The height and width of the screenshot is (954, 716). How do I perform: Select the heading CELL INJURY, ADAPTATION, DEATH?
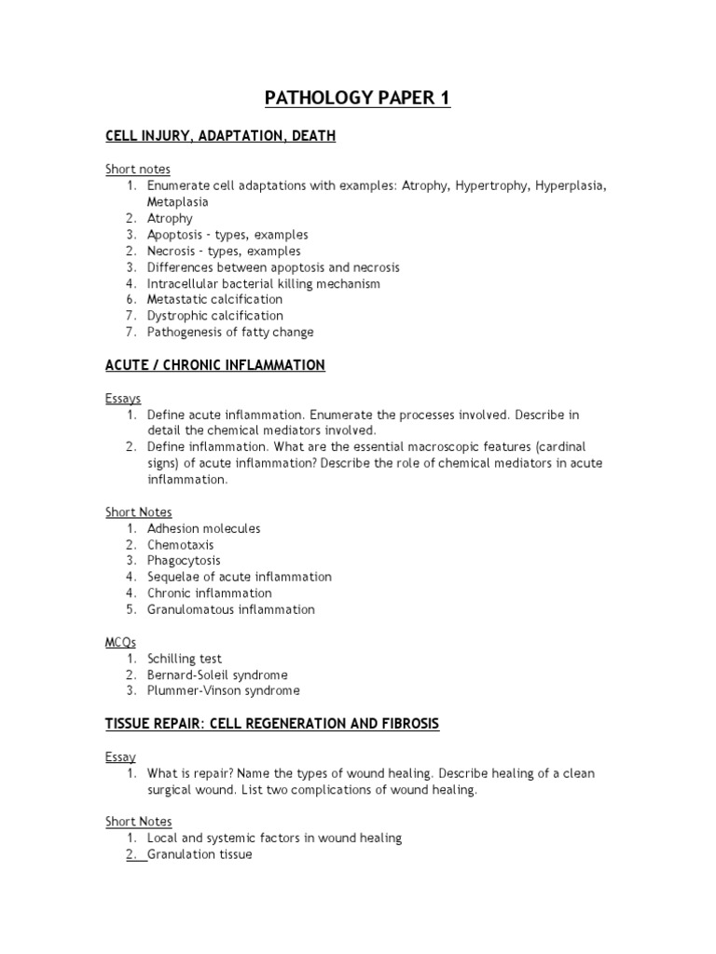tap(220, 137)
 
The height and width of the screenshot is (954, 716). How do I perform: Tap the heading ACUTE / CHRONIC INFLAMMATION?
tap(214, 365)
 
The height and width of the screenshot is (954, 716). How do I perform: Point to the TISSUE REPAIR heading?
tap(271, 724)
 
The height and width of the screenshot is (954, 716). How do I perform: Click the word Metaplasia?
tap(177, 202)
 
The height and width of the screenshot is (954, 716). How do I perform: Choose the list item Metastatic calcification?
tap(214, 300)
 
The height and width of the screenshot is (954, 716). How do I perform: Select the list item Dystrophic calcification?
tap(214, 316)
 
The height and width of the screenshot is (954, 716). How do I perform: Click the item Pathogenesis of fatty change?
tap(230, 333)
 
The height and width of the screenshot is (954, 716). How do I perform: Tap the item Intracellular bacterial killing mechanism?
tap(264, 283)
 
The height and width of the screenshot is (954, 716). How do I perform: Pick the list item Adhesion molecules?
tap(203, 528)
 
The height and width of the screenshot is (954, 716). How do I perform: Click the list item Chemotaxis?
tap(180, 545)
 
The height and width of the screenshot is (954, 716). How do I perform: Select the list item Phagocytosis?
tap(184, 561)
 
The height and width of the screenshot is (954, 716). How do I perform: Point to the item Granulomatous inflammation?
tap(230, 609)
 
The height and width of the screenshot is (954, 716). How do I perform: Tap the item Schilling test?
tap(185, 659)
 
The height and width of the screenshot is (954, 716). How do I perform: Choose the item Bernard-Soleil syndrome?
tap(217, 675)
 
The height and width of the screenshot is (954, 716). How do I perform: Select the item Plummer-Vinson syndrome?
tap(223, 691)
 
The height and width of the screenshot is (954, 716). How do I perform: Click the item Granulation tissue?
tap(200, 854)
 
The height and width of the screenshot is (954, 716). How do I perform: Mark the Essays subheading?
tap(123, 398)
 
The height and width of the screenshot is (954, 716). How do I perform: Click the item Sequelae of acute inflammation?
tap(239, 577)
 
